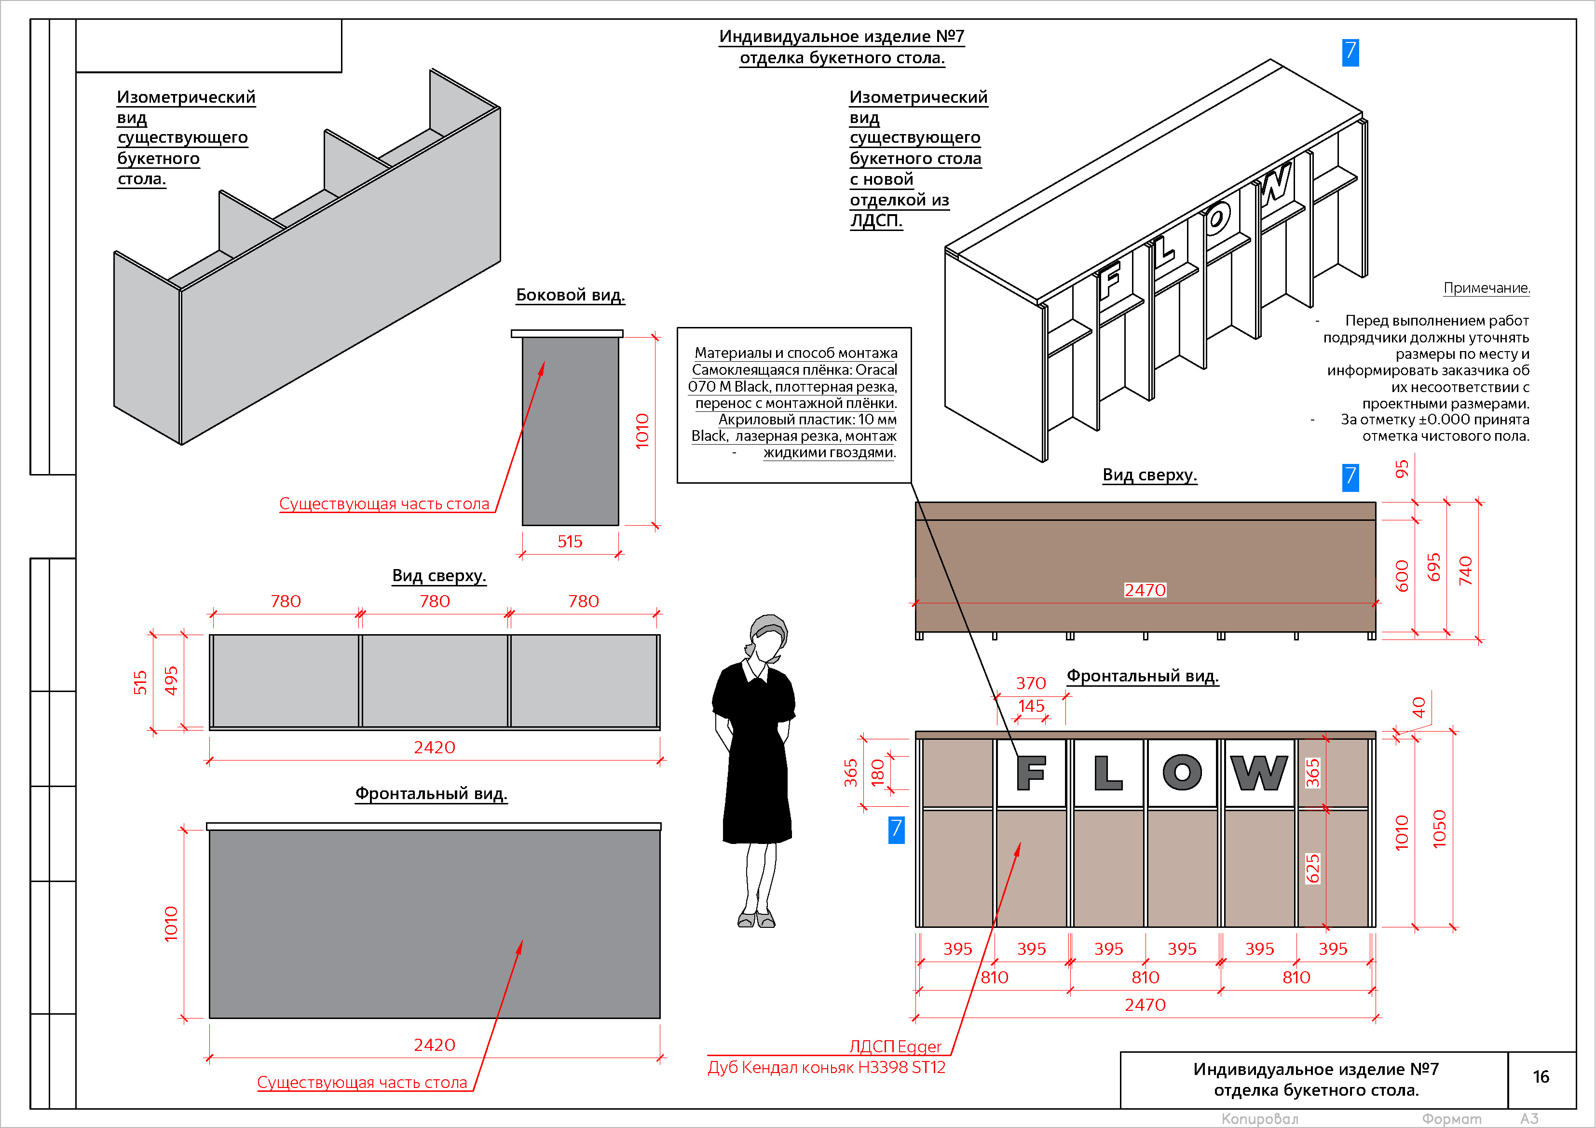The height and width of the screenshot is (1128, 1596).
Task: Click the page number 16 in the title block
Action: pos(1541,1076)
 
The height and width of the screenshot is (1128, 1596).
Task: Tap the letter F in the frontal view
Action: pos(1031,773)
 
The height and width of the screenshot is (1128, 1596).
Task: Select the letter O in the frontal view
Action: pos(1182,773)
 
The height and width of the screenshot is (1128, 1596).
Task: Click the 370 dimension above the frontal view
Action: pos(1030,683)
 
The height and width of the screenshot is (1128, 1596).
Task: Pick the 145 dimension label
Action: pos(1031,706)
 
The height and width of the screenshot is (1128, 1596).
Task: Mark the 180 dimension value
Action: pos(878,772)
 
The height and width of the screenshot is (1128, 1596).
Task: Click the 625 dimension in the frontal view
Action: pos(1312,868)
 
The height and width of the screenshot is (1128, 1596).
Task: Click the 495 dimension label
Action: pos(171,680)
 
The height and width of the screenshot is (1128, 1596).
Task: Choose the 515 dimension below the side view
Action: pos(570,542)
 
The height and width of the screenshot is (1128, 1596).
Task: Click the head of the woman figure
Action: pos(768,636)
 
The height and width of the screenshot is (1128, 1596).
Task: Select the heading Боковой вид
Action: pos(570,295)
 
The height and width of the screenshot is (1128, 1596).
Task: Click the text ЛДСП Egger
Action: pos(895,1046)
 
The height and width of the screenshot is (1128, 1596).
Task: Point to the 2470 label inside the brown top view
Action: pos(1146,590)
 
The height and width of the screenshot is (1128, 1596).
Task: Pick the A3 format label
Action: pos(1529,1119)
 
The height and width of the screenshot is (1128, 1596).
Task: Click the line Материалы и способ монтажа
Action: pos(796,353)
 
